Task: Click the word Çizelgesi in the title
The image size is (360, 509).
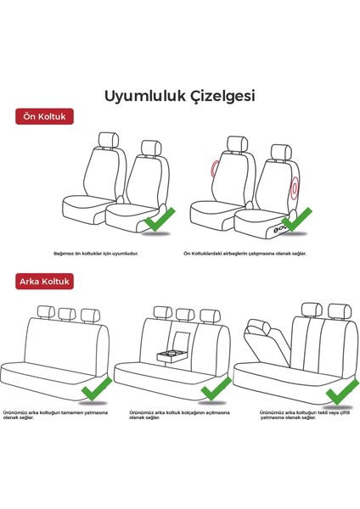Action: click(x=217, y=96)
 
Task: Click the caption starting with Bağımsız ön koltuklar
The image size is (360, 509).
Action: click(x=95, y=253)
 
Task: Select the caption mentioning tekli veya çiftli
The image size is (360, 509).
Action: click(x=307, y=415)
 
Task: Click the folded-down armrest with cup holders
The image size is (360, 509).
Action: click(x=173, y=355)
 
